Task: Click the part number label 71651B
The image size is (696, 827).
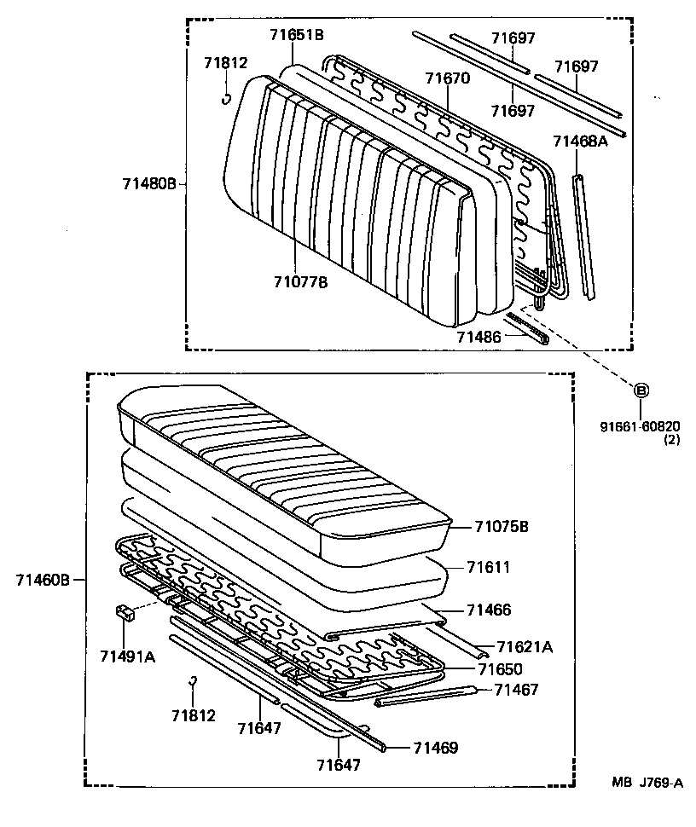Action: pyautogui.click(x=296, y=35)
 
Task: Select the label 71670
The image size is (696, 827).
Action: pyautogui.click(x=448, y=78)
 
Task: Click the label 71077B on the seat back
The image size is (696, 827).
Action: pyautogui.click(x=300, y=282)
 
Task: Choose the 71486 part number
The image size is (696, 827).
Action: pyautogui.click(x=478, y=338)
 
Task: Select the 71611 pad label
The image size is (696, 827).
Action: pyautogui.click(x=489, y=567)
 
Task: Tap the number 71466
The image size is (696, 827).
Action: pyautogui.click(x=489, y=610)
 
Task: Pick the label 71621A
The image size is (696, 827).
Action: pyautogui.click(x=524, y=647)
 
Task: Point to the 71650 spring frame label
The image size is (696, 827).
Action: pyautogui.click(x=500, y=669)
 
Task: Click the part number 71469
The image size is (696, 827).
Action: pyautogui.click(x=436, y=748)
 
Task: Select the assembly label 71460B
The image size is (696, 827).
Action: pyautogui.click(x=43, y=580)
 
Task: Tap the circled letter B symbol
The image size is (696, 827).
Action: pyautogui.click(x=641, y=390)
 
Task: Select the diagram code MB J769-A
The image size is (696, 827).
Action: pyautogui.click(x=646, y=783)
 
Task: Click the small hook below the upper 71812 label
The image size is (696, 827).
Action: pyautogui.click(x=227, y=97)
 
